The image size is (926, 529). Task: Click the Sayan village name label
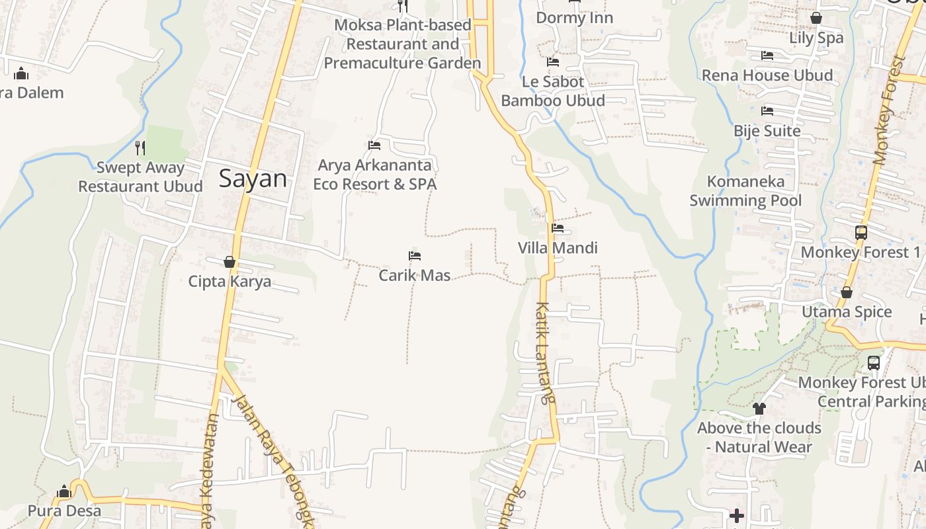coord(253,179)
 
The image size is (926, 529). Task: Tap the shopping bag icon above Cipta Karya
coord(229,263)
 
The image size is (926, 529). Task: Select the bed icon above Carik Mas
coord(415,256)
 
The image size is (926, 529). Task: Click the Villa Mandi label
coord(558,248)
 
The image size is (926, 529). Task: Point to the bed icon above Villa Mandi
coord(558,229)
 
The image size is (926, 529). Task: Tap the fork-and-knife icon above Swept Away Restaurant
coord(140,147)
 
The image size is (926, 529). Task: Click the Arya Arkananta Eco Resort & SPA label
coord(375,175)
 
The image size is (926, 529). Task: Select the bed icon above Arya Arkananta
coord(374,145)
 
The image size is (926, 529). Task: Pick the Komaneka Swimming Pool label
coord(745,191)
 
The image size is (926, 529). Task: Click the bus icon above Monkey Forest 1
coord(861,233)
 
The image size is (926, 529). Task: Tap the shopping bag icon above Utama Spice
coord(846,292)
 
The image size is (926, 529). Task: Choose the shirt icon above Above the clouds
coord(759,409)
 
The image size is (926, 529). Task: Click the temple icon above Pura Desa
coord(64,492)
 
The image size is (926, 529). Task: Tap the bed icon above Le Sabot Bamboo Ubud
coord(553,62)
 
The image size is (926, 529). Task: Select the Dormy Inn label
coord(574,18)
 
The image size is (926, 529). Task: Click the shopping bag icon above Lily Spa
coord(816,18)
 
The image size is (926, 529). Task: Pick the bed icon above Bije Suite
coord(767,111)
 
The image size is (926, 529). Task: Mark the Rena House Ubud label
coord(767,75)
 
